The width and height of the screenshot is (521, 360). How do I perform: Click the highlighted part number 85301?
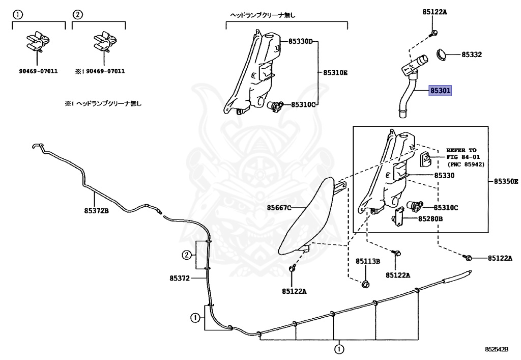[441, 91]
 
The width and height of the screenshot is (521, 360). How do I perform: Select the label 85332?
[472, 54]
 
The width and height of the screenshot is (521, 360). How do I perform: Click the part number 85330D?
[300, 41]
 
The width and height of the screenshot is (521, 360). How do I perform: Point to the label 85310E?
[335, 73]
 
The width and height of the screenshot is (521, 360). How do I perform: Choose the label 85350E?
[506, 181]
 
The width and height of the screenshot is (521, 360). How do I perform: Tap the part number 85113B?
[368, 261]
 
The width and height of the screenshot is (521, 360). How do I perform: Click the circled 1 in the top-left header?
[17, 15]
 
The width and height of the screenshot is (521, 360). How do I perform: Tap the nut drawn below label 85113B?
[365, 284]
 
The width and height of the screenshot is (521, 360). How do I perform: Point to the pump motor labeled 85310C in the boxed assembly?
[415, 206]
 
